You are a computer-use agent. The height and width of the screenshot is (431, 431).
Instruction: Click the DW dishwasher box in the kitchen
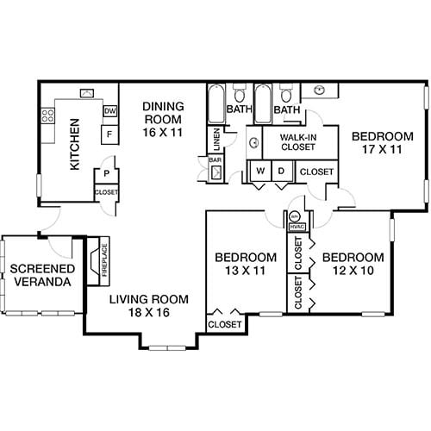109,111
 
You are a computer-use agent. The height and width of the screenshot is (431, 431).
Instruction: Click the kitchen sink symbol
87,93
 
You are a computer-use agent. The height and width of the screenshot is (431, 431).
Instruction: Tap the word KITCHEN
75,144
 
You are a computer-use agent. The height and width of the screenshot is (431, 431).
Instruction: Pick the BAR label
215,159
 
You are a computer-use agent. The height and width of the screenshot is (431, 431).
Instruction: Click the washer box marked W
259,172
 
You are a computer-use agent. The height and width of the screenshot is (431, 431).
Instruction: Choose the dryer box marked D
282,172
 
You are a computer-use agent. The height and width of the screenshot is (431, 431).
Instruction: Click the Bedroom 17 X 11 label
383,143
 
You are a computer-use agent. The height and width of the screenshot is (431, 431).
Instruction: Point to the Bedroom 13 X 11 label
246,265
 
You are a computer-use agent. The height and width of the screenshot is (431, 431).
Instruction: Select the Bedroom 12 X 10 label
353,265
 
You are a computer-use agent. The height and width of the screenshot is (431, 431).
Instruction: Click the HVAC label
296,226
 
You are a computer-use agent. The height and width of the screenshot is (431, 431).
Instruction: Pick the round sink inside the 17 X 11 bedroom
320,89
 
